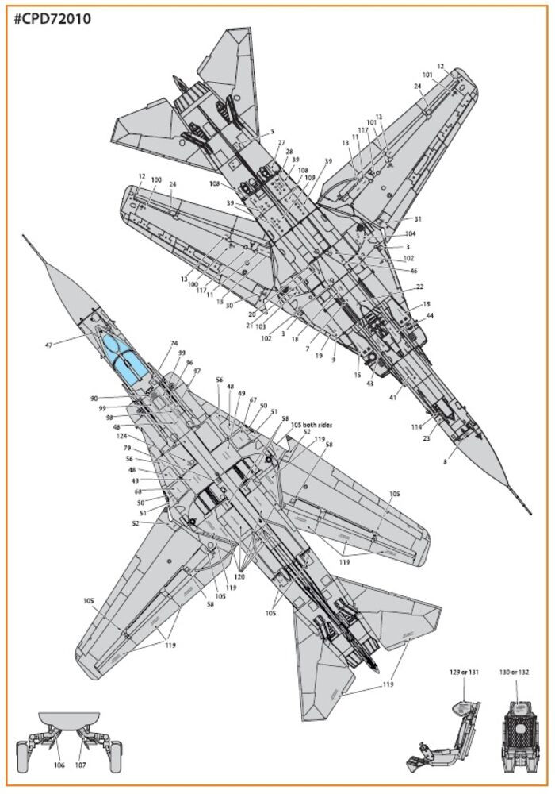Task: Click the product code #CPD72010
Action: click(52, 19)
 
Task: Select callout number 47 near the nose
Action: click(49, 345)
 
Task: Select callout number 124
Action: click(121, 435)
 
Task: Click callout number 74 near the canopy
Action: click(173, 344)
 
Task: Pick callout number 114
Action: click(415, 428)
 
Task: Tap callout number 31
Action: click(418, 219)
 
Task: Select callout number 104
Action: click(410, 234)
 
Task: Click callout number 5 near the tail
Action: click(271, 132)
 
